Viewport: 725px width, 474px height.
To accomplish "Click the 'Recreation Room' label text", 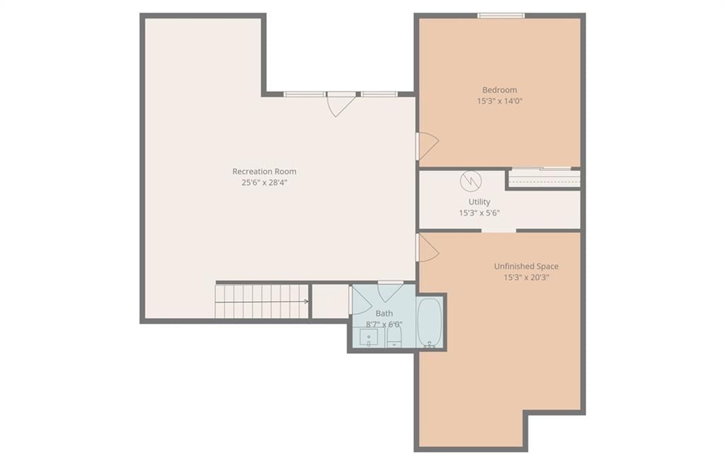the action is [264, 171].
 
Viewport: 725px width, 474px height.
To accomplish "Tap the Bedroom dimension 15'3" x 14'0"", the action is [499, 101].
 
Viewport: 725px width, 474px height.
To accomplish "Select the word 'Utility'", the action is [479, 202].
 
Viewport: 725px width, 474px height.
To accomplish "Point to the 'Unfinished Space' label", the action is [526, 266].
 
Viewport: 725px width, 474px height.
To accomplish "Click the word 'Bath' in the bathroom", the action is [384, 313].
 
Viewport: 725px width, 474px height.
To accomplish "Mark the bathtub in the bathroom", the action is [430, 322].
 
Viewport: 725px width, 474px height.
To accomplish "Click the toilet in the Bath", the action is [394, 337].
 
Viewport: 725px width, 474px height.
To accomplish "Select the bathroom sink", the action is [368, 337].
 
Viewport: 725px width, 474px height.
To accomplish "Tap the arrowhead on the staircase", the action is [306, 302].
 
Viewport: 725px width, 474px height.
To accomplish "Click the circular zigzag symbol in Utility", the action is [471, 181].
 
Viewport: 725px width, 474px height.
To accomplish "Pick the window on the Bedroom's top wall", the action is [501, 16].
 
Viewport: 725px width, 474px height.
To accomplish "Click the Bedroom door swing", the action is [428, 146].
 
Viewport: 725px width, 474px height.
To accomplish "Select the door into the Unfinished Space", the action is [428, 248].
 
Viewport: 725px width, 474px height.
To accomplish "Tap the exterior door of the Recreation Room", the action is [341, 104].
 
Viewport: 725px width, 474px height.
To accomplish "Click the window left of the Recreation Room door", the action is [304, 94].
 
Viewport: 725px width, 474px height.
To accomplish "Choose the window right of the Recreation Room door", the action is [379, 94].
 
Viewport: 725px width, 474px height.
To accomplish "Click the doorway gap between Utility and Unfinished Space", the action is [499, 230].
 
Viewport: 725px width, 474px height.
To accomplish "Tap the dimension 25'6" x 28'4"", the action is [264, 182].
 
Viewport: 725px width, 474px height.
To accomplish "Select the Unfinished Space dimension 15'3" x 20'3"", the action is [526, 278].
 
